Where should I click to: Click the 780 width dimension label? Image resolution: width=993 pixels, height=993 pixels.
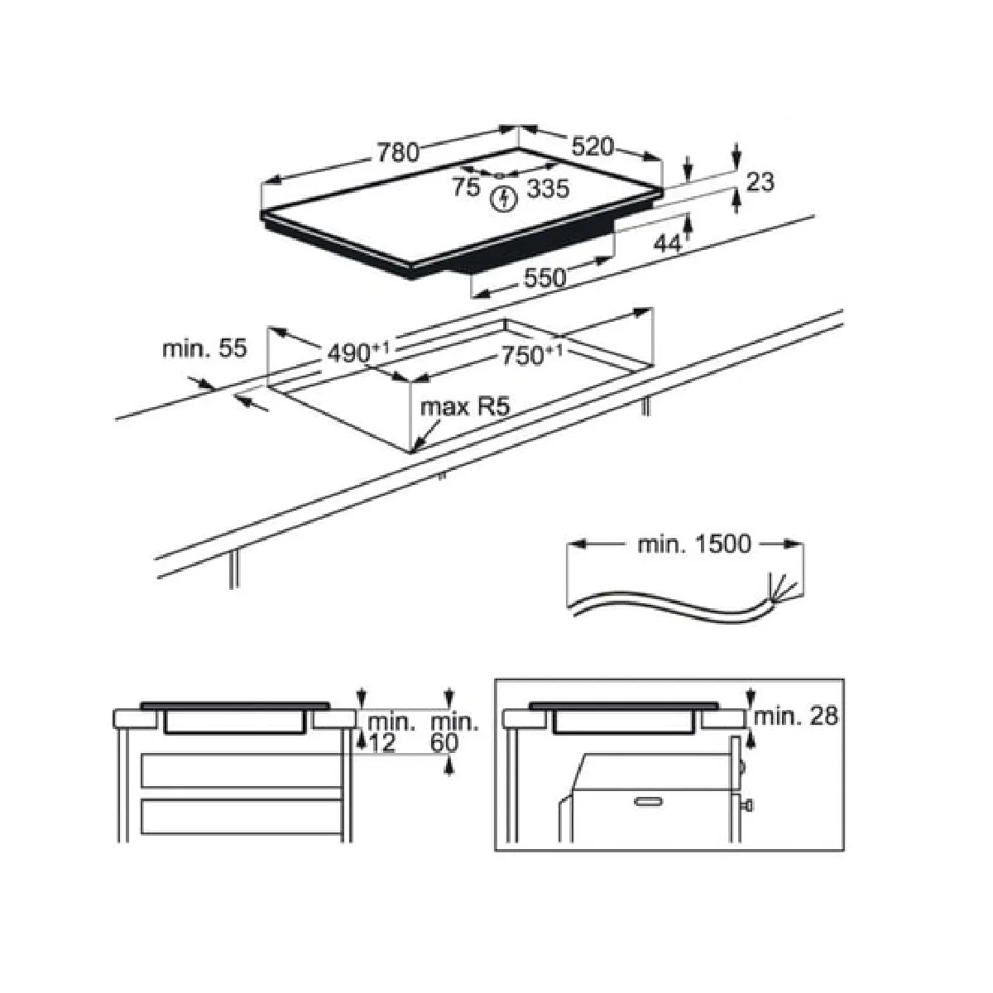(398, 152)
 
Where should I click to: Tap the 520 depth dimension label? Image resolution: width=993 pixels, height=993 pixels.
(593, 146)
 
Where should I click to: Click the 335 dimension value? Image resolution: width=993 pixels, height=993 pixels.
(548, 189)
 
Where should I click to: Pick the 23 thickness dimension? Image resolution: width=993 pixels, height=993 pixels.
(760, 182)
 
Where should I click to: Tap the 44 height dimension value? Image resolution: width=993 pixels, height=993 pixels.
(668, 243)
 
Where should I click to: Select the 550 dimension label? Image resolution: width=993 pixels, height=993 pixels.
(544, 278)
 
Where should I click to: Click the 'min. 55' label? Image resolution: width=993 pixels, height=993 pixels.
(204, 349)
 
